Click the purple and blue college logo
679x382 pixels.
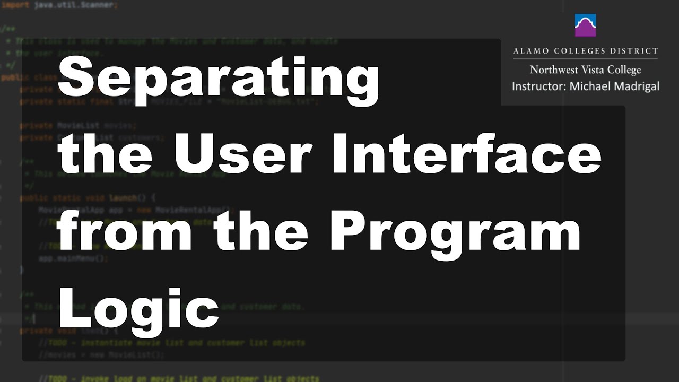(585, 25)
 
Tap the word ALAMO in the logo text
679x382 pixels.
(532, 51)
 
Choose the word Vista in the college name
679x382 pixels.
(597, 70)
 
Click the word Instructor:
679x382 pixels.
(538, 86)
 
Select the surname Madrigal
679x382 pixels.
(637, 86)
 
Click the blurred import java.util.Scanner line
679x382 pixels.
(58, 5)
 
